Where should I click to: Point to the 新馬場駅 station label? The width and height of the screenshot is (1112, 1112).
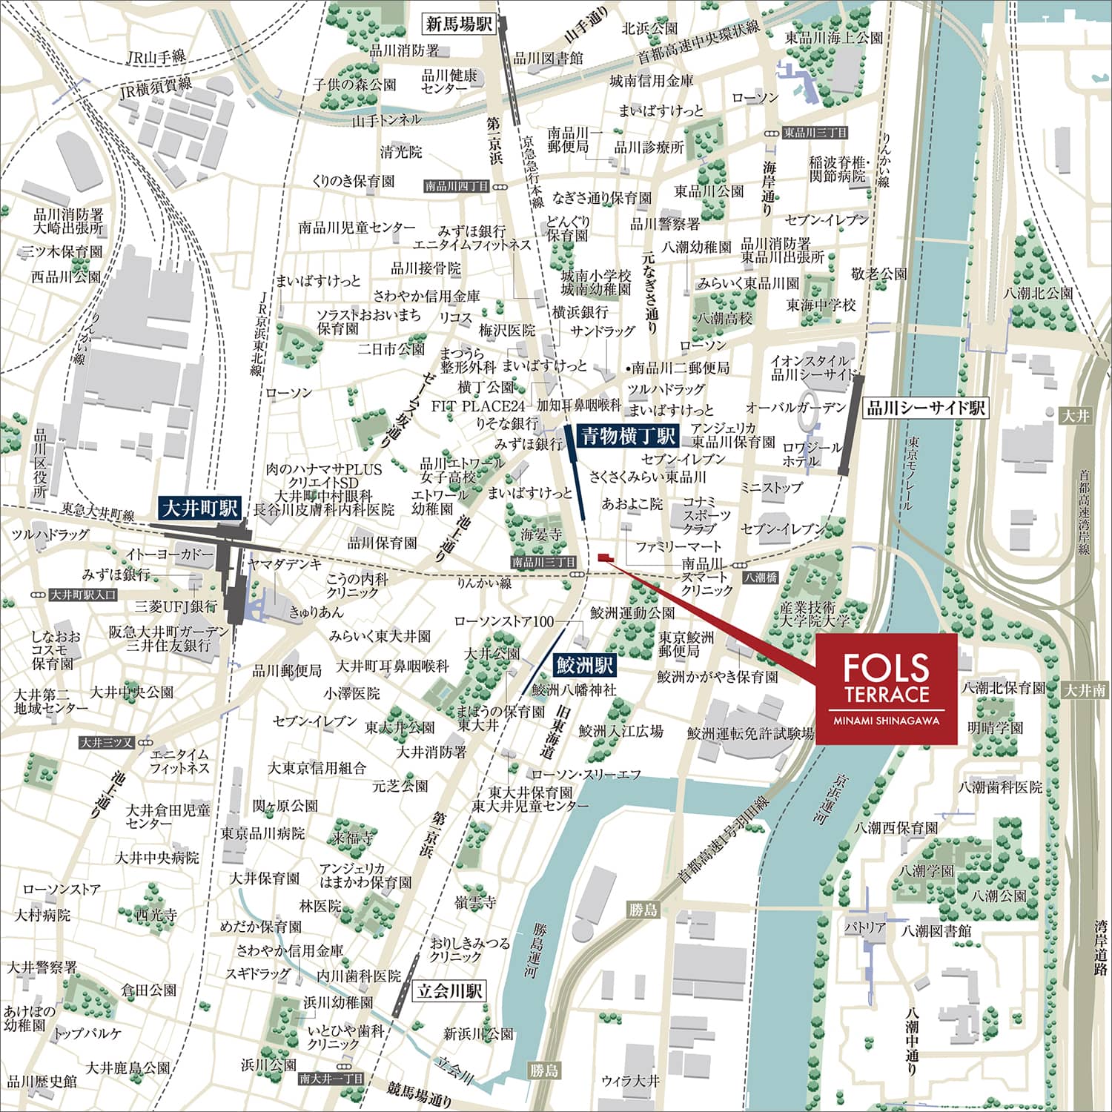pos(459,24)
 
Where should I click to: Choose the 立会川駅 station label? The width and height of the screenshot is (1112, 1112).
pos(450,991)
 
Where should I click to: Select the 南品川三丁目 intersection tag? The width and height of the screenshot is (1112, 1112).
pos(543,563)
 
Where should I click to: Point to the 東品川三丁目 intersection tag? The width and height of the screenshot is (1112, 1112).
pos(815,133)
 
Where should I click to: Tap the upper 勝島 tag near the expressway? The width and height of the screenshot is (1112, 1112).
pos(643,910)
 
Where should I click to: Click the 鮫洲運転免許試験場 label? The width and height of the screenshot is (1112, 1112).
pos(750,733)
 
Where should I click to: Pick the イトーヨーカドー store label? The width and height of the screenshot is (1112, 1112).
pos(170,555)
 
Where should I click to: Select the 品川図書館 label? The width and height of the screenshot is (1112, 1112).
pos(548,58)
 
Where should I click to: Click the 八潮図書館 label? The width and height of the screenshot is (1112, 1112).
pos(936,930)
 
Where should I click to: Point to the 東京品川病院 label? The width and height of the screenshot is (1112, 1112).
pos(262,833)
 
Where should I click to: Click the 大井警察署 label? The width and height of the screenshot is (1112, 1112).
pos(42,967)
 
